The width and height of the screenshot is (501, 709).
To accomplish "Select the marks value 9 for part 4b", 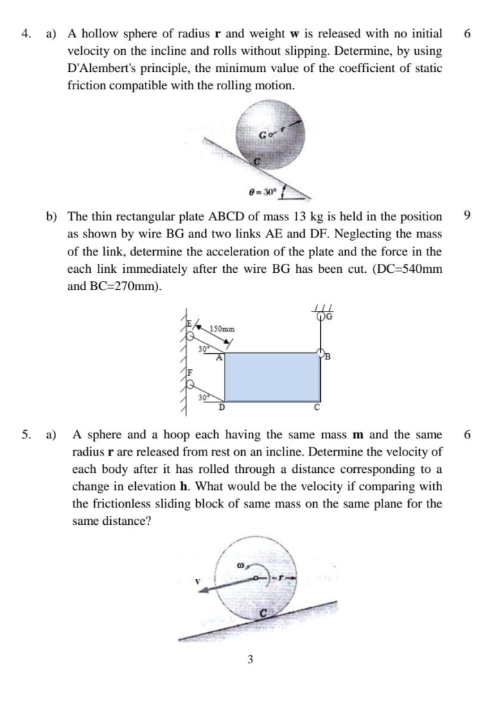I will coord(466,216).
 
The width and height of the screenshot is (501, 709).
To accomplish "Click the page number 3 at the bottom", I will coord(250,659).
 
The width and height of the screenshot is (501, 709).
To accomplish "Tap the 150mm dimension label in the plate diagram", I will coord(222,328).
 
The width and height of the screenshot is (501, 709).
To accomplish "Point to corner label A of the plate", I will coord(218,358).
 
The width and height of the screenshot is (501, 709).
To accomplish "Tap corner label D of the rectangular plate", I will coord(222,407).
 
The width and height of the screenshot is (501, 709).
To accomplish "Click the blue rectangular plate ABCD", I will coord(273,377).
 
